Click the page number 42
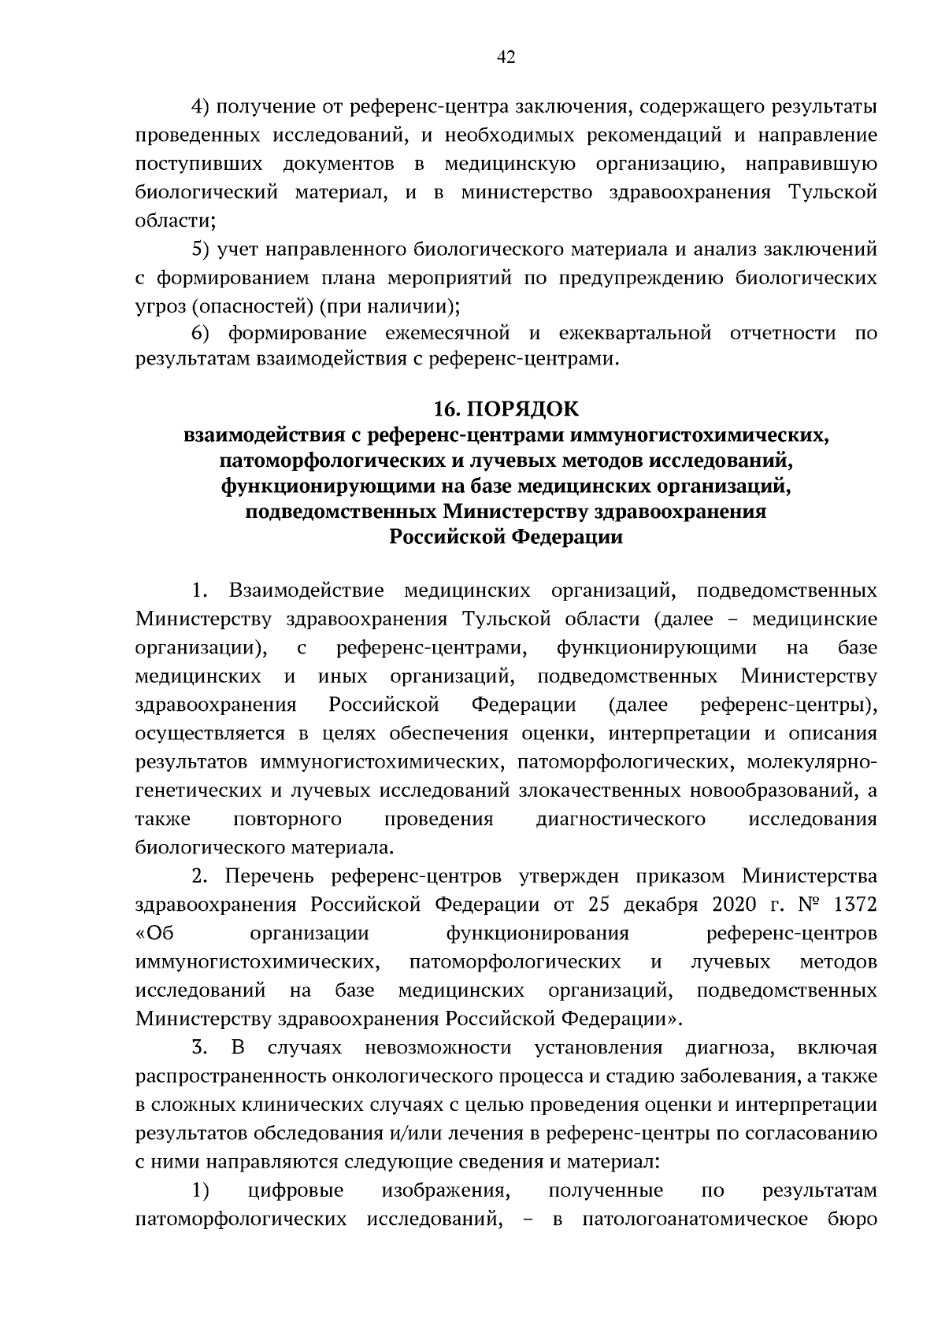506,57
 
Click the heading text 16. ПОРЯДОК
506,409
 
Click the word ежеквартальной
634,333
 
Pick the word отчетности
783,333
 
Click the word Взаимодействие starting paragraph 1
306,590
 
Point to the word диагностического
620,819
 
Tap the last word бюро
851,1219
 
